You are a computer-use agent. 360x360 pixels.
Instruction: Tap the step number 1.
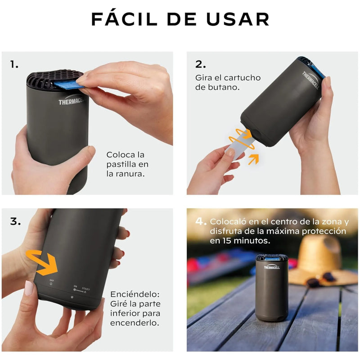click(x=14, y=64)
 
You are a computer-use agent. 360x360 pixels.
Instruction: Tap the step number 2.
click(x=200, y=64)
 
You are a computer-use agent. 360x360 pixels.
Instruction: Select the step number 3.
click(x=15, y=221)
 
